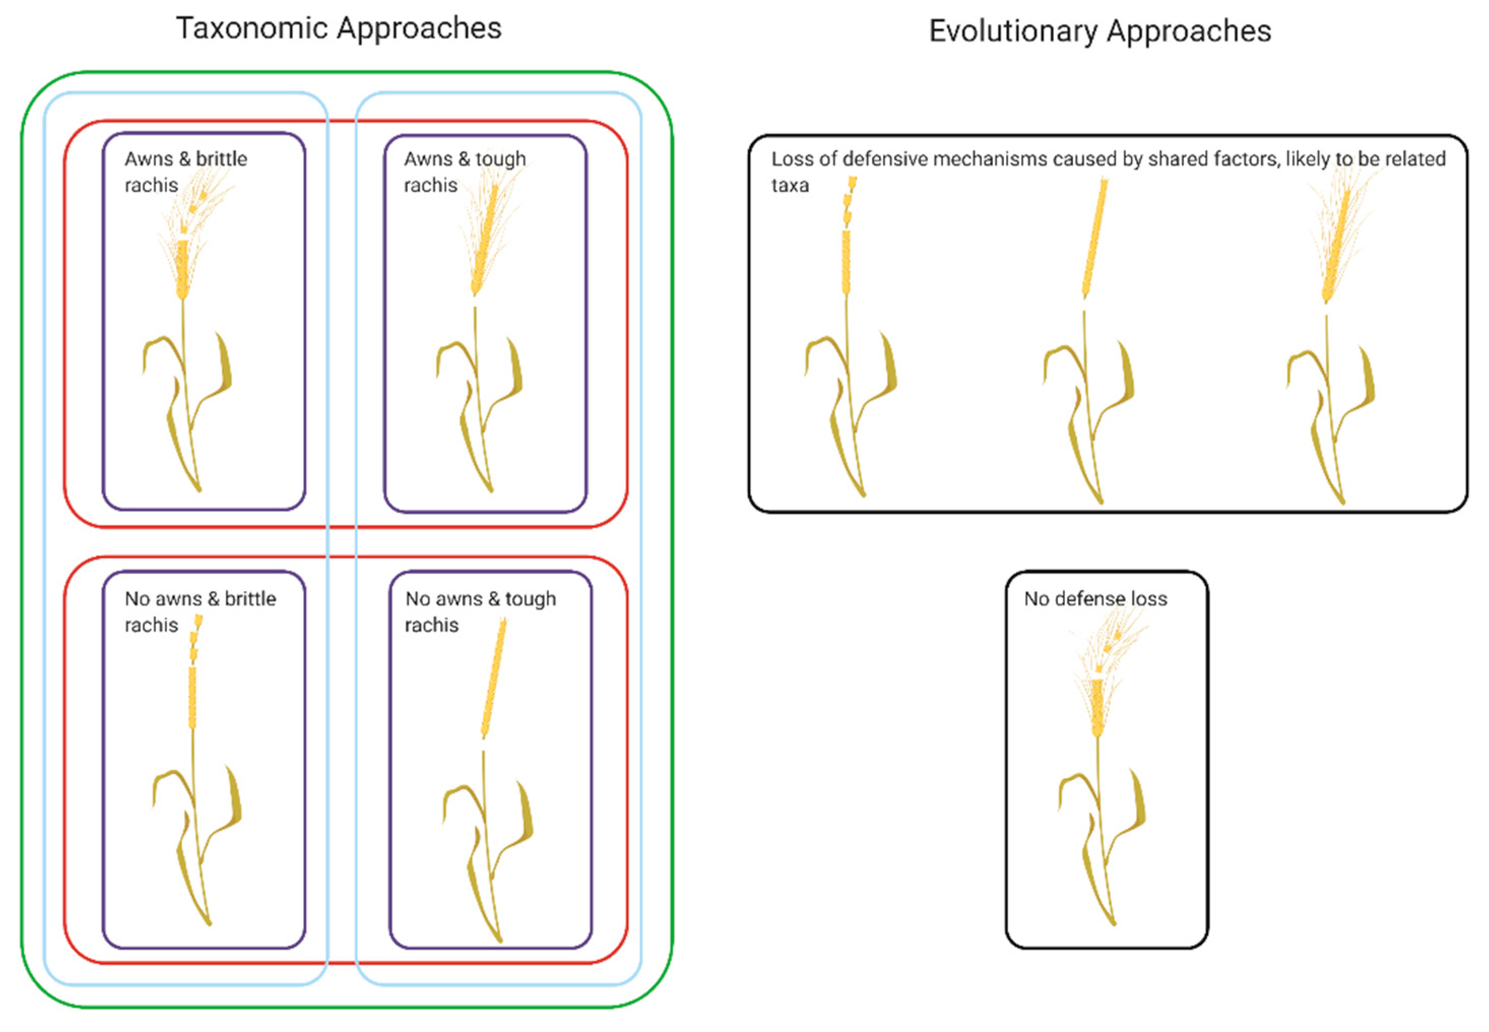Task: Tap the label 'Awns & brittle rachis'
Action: [x=185, y=172]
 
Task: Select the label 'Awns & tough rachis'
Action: [x=464, y=172]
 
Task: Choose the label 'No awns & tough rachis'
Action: [x=480, y=611]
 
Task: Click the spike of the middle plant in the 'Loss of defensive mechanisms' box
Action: [x=1094, y=239]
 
